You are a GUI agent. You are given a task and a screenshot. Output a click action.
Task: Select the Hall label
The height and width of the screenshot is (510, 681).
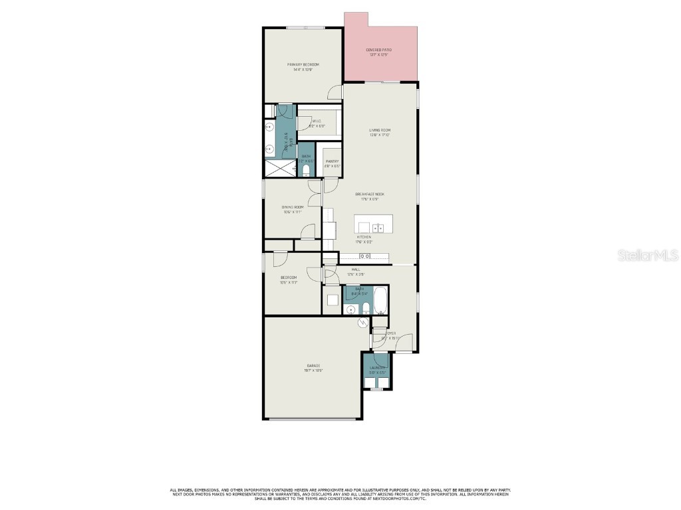(356, 270)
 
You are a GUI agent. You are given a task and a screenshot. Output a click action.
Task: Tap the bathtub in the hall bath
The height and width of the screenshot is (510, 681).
(380, 301)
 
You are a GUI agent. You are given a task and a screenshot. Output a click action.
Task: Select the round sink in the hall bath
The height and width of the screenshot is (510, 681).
(350, 309)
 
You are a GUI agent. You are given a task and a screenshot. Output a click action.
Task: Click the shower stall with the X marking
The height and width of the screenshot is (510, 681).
(280, 168)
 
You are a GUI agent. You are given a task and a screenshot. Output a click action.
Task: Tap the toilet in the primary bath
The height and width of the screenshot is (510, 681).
(305, 171)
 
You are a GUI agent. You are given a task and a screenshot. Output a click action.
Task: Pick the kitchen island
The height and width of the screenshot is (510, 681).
(373, 224)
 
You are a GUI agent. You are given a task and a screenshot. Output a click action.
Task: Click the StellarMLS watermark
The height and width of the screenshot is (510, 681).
(647, 255)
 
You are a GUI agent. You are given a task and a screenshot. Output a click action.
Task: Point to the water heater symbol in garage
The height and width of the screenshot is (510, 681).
(362, 323)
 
